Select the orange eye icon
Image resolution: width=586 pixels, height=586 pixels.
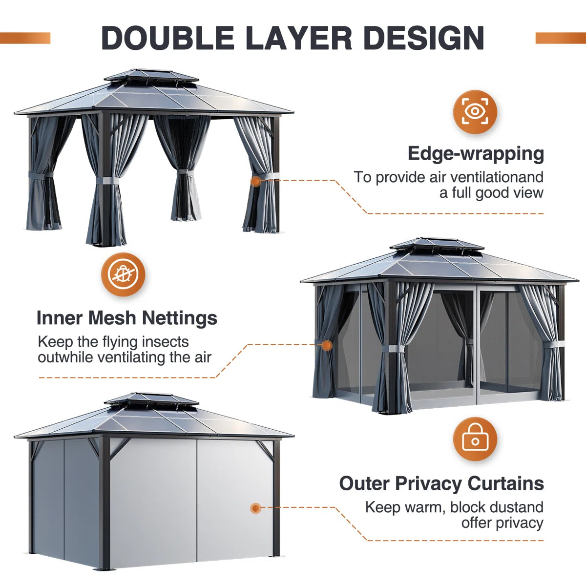tap(475, 112)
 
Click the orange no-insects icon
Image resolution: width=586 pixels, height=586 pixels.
tap(123, 274)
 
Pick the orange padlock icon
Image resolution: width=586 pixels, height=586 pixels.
tap(475, 439)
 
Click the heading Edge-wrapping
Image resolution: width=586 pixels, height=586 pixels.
tap(476, 153)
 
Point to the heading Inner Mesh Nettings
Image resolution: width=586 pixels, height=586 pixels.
tap(127, 318)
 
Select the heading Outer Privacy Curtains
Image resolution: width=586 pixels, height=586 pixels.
tap(441, 483)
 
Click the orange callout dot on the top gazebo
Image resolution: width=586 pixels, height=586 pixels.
tap(255, 181)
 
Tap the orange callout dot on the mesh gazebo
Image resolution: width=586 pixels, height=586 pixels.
tap(327, 345)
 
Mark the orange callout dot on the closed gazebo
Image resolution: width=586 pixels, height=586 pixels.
tap(255, 508)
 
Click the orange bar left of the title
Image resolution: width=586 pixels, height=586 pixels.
tap(25, 38)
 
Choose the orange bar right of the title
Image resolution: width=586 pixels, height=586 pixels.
tap(561, 38)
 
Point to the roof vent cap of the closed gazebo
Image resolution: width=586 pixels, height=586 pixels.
tap(151, 399)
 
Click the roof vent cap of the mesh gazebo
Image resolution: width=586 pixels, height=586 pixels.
tap(437, 244)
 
